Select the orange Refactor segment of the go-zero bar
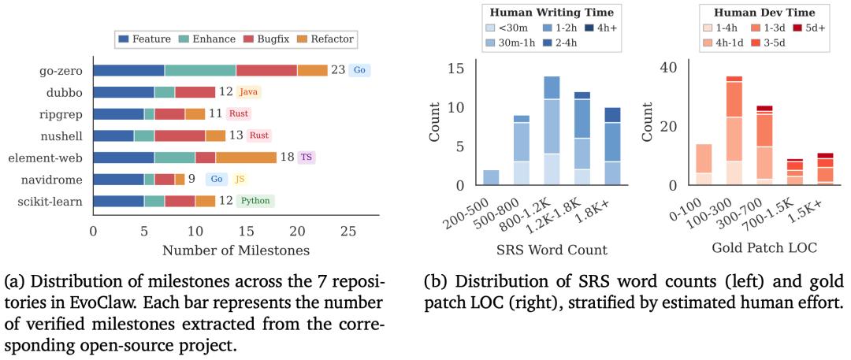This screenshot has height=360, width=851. tap(312, 70)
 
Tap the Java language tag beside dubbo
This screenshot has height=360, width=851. tap(248, 92)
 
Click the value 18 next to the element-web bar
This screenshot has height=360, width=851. tap(287, 158)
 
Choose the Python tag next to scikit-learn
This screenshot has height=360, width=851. tap(256, 201)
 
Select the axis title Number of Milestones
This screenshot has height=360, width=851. tap(236, 251)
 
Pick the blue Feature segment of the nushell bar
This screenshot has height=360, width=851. tap(113, 135)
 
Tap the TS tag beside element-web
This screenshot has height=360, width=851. tap(307, 158)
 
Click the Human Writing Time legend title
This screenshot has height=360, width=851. tap(552, 12)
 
